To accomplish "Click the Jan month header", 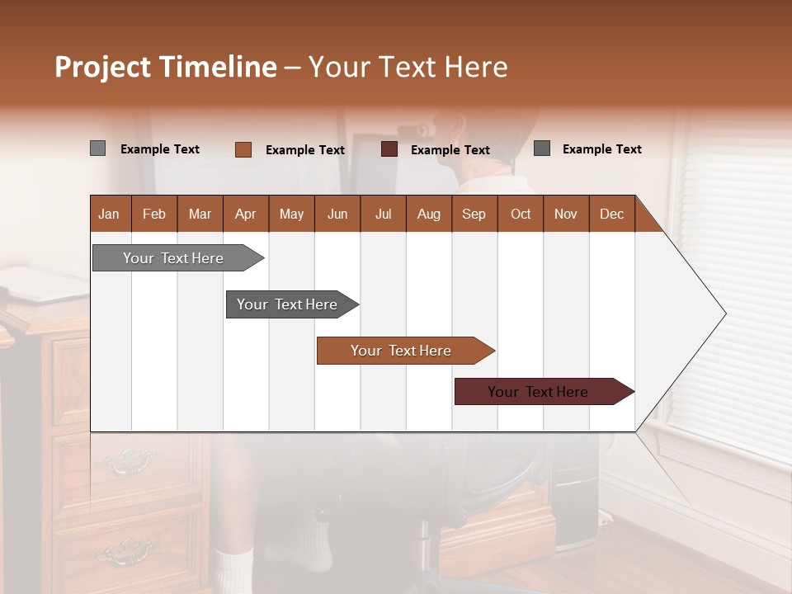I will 110,214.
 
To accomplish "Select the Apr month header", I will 246,214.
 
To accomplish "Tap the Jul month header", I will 383,214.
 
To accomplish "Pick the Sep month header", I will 474,214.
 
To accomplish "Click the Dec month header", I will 611,214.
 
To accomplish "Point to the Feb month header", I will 154,214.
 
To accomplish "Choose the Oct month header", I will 521,214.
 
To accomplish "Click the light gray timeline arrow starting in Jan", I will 174,258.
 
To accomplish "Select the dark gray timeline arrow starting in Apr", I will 288,304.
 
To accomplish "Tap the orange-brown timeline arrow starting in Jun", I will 402,351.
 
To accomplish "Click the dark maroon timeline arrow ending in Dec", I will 539,392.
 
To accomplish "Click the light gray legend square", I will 97,148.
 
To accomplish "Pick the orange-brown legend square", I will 243,149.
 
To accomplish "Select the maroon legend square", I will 389,149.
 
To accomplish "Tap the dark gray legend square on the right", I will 542,148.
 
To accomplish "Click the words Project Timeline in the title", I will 165,67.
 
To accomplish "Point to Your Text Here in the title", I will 408,67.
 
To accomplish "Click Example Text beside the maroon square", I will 450,150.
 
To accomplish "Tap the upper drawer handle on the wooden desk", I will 128,462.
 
